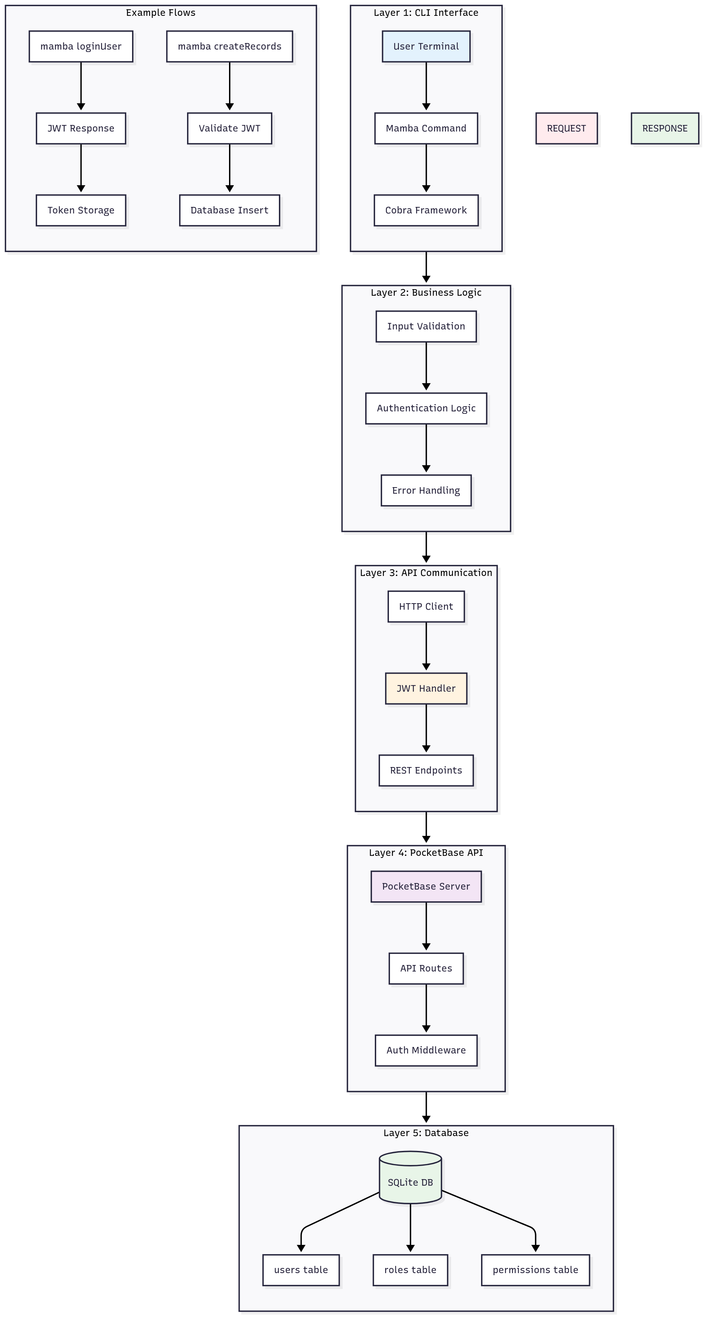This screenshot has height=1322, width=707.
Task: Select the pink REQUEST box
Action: pyautogui.click(x=566, y=128)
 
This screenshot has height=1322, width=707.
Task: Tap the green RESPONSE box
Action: pyautogui.click(x=664, y=128)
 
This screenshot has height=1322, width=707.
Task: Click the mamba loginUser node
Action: pyautogui.click(x=81, y=46)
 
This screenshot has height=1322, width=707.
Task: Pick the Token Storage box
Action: pyautogui.click(x=81, y=210)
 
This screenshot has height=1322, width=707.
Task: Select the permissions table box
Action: pyautogui.click(x=535, y=1270)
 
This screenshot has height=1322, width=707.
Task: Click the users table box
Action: pyautogui.click(x=301, y=1270)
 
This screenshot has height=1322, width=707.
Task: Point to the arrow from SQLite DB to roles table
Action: pyautogui.click(x=410, y=1227)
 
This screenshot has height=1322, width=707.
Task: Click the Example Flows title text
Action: pyautogui.click(x=161, y=13)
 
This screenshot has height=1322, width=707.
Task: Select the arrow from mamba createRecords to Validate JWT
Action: pyautogui.click(x=230, y=85)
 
